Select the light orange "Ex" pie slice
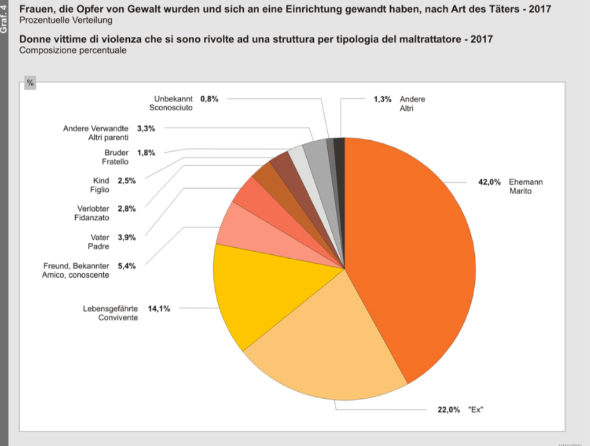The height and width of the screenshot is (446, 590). [x=325, y=344]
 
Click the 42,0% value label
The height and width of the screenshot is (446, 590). [x=489, y=182]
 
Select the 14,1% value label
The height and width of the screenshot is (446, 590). [x=158, y=308]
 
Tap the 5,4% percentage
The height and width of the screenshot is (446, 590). [x=127, y=266]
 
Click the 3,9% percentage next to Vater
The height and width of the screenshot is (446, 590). [x=127, y=237]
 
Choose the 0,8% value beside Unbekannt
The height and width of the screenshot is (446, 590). [x=209, y=99]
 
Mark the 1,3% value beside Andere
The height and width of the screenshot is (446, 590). [x=382, y=99]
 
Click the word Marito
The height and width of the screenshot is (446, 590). [x=521, y=191]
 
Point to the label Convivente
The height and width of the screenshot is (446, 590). [x=118, y=317]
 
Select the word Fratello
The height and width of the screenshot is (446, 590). [x=115, y=161]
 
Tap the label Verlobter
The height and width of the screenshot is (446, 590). [x=94, y=208]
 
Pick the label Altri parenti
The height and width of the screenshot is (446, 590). [x=108, y=137]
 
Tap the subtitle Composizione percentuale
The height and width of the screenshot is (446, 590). [x=73, y=50]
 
